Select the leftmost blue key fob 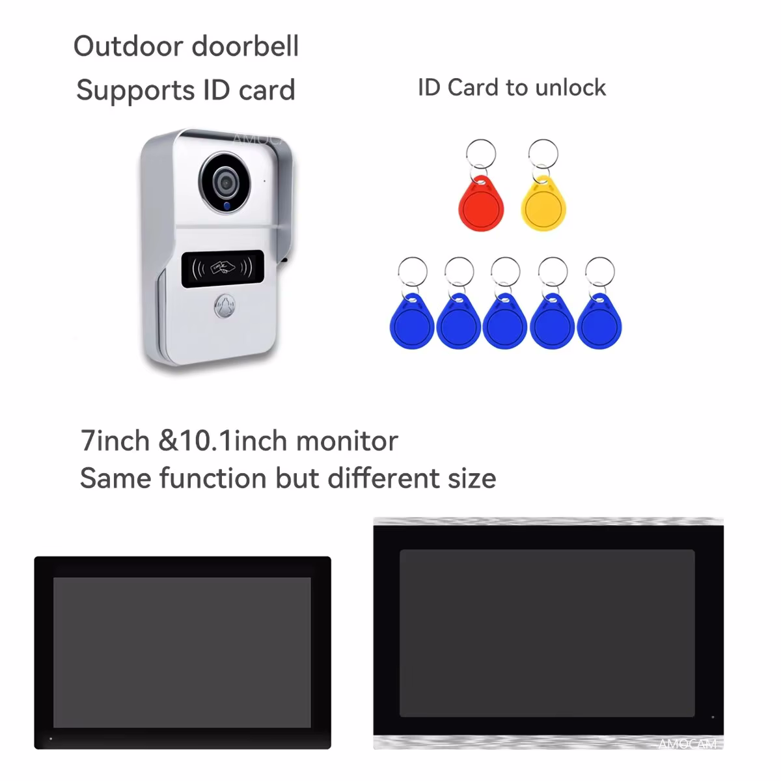[411, 322]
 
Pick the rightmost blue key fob [599, 322]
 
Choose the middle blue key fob [505, 322]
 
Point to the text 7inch [115, 441]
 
